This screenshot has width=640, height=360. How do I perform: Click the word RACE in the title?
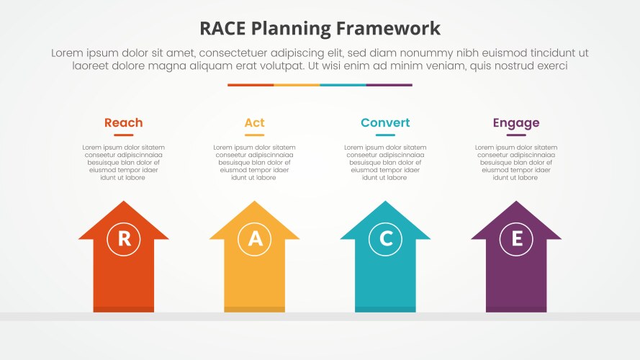click(x=223, y=29)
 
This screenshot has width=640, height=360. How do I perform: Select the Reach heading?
click(x=124, y=123)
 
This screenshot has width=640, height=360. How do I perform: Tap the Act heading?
click(x=254, y=123)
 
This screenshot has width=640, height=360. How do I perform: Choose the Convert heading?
click(x=385, y=123)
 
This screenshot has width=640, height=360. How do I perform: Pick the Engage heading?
click(x=516, y=123)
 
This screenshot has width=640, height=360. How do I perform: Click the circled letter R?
click(x=124, y=239)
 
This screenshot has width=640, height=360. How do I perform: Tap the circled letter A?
click(x=255, y=239)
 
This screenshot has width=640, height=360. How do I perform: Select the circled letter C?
click(x=386, y=239)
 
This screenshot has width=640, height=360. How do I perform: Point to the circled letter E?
click(x=516, y=239)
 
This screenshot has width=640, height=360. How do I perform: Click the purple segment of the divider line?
click(x=389, y=85)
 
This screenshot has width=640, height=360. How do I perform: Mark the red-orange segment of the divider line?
click(x=251, y=85)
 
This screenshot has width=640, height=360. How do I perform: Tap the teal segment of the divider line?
click(x=343, y=85)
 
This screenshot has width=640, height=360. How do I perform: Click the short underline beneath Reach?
click(x=124, y=135)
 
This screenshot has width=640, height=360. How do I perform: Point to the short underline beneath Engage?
click(x=516, y=135)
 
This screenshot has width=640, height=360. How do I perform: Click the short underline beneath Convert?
click(x=385, y=135)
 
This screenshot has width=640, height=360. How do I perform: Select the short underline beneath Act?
click(x=254, y=135)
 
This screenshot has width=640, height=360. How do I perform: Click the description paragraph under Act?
click(x=254, y=163)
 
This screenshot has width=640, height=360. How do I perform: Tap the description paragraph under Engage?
click(x=516, y=163)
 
